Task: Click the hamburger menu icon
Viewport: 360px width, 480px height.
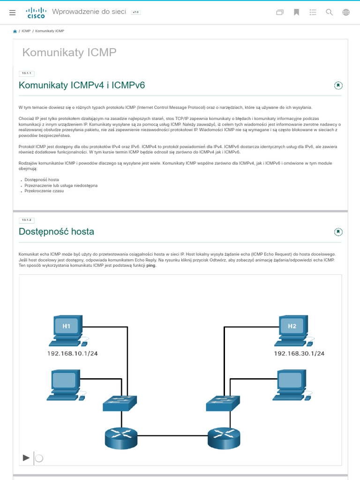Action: click(x=12, y=13)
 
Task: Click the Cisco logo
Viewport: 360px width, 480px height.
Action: click(x=36, y=13)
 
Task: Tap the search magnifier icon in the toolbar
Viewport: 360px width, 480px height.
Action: click(x=330, y=13)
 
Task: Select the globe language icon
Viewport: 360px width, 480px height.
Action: click(x=346, y=13)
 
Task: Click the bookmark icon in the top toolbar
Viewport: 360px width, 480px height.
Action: click(x=296, y=13)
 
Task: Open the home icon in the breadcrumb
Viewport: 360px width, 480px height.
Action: click(x=15, y=31)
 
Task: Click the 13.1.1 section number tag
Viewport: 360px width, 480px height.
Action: click(x=27, y=73)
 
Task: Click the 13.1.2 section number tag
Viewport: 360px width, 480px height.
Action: click(x=27, y=220)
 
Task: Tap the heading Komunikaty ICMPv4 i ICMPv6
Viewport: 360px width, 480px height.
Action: click(x=82, y=85)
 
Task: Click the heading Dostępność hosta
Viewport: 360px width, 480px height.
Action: click(x=56, y=232)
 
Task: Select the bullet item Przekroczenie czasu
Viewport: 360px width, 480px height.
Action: click(x=44, y=191)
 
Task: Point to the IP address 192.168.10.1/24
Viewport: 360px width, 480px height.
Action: click(x=73, y=353)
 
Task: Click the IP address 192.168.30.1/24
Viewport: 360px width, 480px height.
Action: click(x=299, y=353)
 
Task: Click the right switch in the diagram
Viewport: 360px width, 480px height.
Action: click(x=223, y=404)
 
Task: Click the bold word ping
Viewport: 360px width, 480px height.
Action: click(x=150, y=265)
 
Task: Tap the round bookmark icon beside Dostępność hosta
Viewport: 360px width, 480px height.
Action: click(x=338, y=232)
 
